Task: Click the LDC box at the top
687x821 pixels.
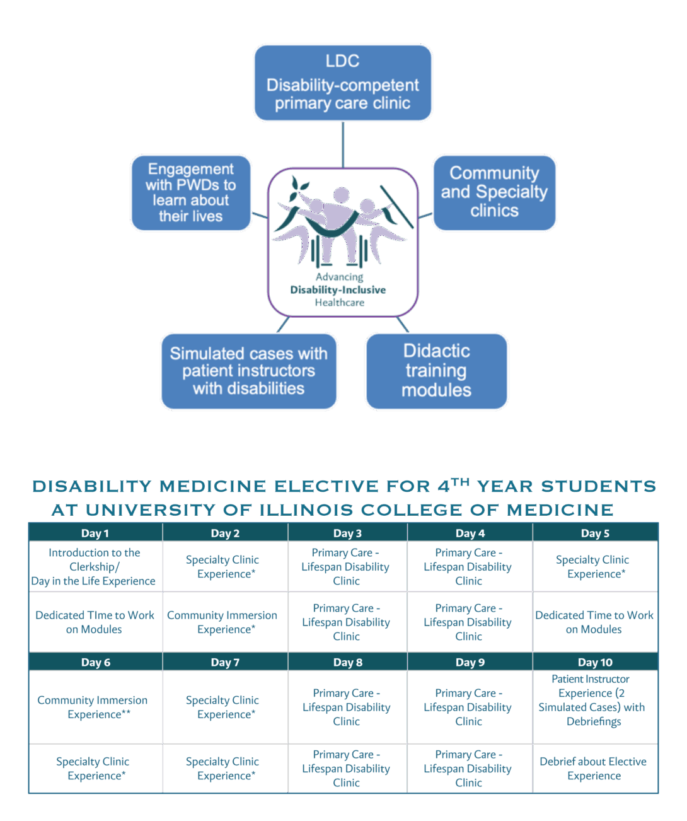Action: (342, 82)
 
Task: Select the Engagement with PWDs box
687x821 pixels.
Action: (190, 192)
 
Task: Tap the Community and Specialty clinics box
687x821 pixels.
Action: (494, 192)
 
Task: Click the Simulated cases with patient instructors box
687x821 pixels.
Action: (248, 371)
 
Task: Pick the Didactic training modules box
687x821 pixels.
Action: (436, 371)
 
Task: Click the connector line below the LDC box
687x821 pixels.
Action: (343, 144)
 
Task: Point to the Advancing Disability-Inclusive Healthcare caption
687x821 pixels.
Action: (339, 289)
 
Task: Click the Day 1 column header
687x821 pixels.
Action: (95, 533)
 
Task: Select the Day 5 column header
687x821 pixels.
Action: (595, 533)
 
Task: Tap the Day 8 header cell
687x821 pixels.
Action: (347, 662)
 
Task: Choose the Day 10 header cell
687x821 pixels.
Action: (595, 662)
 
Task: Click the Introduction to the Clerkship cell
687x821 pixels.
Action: (95, 566)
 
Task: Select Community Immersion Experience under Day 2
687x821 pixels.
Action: (222, 622)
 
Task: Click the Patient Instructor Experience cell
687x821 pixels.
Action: (592, 700)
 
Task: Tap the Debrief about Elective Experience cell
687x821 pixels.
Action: (593, 768)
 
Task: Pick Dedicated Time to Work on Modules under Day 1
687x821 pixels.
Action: (95, 622)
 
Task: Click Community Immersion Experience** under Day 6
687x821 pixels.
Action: (93, 707)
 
